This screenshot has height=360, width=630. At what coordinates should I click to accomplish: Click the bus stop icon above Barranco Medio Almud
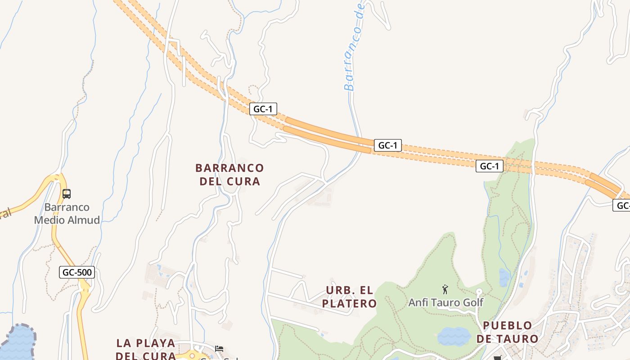point(67,194)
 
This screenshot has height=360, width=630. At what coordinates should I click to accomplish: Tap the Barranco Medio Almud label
point(67,214)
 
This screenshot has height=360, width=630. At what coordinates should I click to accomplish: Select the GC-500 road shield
point(77,272)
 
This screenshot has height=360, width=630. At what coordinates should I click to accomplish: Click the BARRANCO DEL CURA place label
point(229,175)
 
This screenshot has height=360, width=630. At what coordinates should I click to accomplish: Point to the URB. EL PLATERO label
point(349,297)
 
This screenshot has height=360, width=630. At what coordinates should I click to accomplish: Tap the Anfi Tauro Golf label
point(445,302)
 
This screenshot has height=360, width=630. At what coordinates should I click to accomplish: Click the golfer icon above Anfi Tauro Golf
point(445,289)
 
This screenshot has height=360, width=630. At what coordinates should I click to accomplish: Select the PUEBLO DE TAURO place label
point(507,332)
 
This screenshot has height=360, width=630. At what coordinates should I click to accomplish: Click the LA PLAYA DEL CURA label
point(145,349)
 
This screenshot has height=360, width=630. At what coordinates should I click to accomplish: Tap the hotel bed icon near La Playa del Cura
point(219,348)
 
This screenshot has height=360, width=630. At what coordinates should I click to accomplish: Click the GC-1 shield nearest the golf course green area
point(489,166)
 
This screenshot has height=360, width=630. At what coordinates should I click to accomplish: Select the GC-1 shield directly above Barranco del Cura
point(263,109)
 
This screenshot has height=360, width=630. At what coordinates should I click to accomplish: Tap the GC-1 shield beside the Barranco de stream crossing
point(387,145)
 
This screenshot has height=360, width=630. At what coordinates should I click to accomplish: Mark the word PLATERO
point(349,303)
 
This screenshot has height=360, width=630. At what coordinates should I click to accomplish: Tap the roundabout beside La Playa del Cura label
point(193,356)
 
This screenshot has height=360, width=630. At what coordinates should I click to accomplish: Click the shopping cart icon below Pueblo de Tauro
point(497,358)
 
